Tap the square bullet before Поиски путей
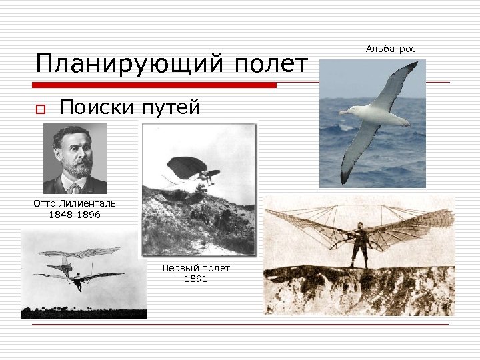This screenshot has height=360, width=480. tap(41, 109)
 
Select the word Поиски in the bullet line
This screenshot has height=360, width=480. tap(97, 107)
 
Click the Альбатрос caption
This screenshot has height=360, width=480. tap(391, 49)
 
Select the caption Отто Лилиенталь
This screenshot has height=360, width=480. tap(75, 203)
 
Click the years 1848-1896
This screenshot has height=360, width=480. tap(75, 215)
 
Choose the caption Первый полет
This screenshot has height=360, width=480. tap(196, 268)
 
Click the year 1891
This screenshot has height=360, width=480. tap(196, 279)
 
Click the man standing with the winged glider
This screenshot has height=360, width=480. tap(361, 243)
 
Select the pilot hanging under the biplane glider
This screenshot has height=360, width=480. tap(78, 282)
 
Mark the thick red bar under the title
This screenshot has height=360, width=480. tap(155, 85)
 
